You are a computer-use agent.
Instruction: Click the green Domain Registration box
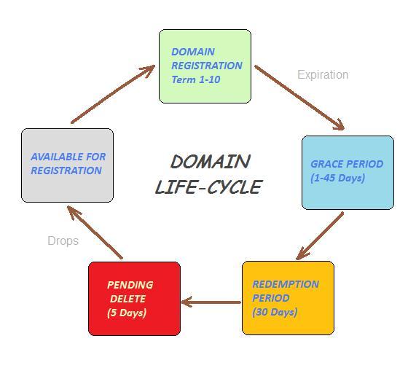205,66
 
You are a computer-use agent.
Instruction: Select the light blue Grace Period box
348,172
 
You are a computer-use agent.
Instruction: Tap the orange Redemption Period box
288,297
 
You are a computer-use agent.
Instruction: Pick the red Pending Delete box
134,299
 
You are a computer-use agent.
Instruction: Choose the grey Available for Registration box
67,165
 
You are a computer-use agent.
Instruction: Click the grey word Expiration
323,74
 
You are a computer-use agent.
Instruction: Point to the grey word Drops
63,240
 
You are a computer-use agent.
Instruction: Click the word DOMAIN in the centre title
210,161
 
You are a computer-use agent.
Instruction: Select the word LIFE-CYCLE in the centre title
208,187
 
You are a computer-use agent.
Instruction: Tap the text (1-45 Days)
337,178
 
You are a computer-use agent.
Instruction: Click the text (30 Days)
275,312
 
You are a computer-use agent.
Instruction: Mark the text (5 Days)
127,313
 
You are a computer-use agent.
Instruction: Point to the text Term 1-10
195,79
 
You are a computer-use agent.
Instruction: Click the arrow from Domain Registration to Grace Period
299,98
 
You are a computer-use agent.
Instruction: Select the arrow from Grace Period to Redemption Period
321,235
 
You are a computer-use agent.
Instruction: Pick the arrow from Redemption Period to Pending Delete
211,301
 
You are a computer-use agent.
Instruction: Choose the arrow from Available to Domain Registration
113,95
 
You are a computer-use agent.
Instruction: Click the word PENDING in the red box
130,285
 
